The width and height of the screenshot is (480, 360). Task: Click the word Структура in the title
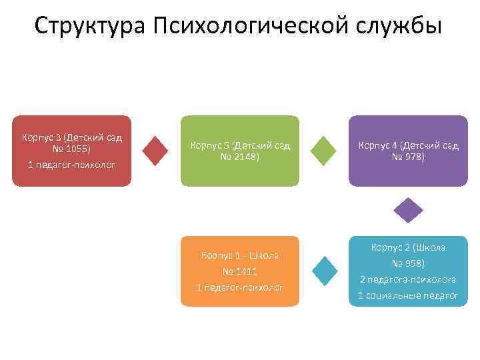point(91,26)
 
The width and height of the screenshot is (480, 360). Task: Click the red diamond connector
point(155,151)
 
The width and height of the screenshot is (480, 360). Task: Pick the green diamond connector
point(324,151)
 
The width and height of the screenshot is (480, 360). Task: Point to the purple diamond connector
point(408,210)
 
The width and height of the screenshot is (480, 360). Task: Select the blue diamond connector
point(324,270)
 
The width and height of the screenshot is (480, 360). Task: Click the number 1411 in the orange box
point(244,271)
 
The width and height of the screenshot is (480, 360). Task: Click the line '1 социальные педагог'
point(408,295)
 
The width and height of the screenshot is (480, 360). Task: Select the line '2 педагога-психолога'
point(408,279)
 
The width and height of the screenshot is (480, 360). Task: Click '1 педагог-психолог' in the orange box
point(240,287)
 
